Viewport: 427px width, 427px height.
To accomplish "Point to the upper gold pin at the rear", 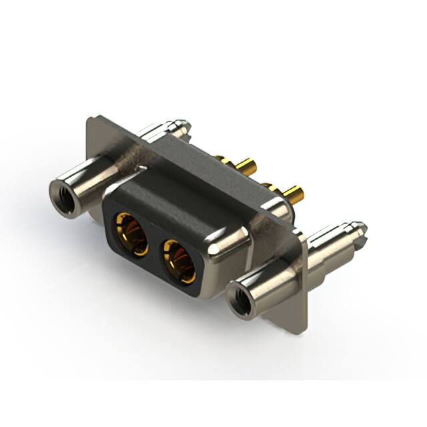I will click(243, 165).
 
